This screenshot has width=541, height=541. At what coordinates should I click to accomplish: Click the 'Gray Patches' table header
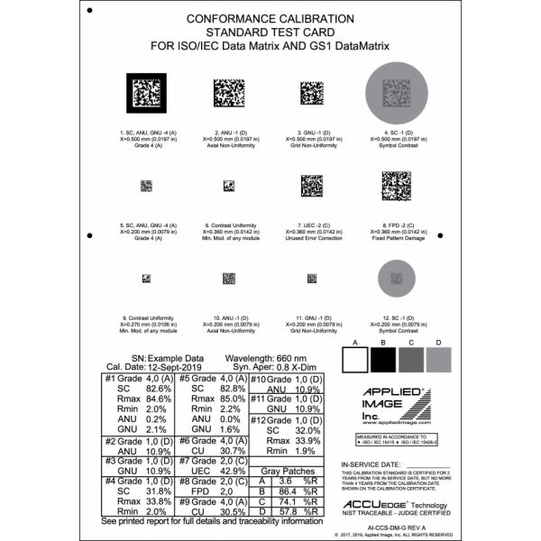point(281,472)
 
